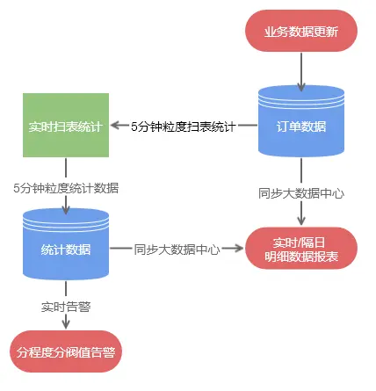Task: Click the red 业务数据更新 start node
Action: [301, 33]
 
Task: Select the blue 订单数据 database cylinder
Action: [301, 127]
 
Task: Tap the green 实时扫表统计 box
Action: [65, 126]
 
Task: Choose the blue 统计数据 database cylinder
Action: [65, 249]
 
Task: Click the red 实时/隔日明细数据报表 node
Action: [301, 249]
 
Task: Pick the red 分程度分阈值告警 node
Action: [67, 352]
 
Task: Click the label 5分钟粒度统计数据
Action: [67, 187]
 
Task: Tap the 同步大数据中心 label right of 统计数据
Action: [177, 249]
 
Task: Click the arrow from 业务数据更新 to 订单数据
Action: [301, 69]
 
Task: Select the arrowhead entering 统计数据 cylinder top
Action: [66, 211]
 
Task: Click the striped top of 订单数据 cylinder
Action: [301, 94]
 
